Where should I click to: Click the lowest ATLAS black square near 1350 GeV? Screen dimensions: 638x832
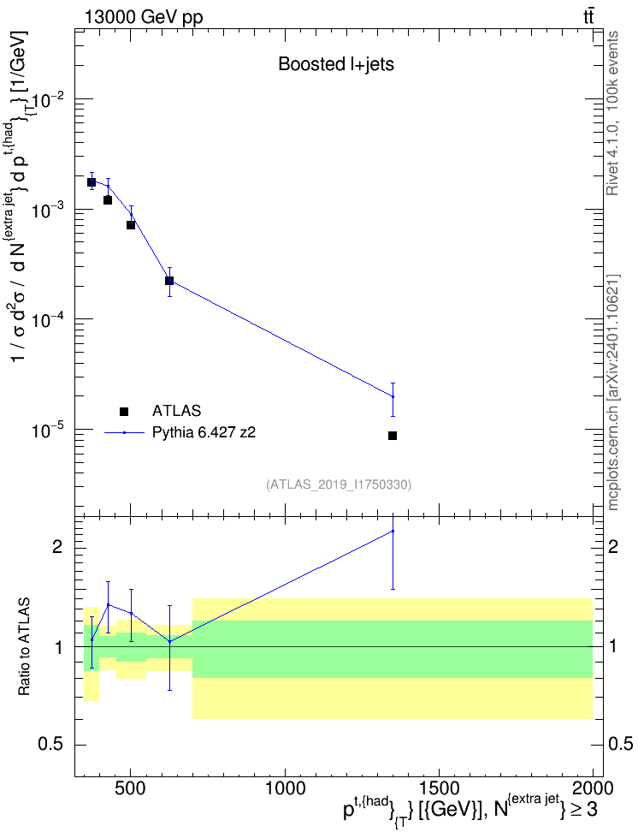pos(393,436)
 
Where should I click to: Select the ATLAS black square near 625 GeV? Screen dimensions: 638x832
pos(169,280)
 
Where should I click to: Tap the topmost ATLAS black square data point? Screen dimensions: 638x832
pos(92,182)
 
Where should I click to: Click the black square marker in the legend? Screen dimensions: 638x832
pos(124,411)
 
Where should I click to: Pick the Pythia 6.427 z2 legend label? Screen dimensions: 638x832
pos(204,433)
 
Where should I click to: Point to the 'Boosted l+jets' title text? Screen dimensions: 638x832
pos(336,64)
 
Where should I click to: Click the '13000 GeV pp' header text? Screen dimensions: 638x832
pos(143,17)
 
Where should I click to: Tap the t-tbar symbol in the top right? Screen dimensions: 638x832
pos(588,17)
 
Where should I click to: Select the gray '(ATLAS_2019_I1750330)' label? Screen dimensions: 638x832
pos(339,484)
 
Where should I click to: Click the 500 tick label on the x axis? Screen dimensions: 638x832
pos(131,788)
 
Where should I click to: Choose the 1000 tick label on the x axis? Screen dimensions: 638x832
pos(285,788)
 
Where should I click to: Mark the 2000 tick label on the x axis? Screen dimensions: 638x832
pos(593,788)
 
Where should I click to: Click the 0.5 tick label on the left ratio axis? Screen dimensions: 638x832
pos(50,745)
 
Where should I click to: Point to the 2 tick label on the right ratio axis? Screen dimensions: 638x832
pos(612,547)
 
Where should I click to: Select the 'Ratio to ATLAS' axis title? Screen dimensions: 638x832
pos(25,647)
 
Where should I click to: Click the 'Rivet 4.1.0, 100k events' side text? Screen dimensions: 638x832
pos(612,113)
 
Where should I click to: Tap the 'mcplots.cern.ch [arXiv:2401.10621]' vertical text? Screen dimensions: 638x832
pos(612,392)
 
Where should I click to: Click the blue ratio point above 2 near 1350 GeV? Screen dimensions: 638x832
pos(393,531)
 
